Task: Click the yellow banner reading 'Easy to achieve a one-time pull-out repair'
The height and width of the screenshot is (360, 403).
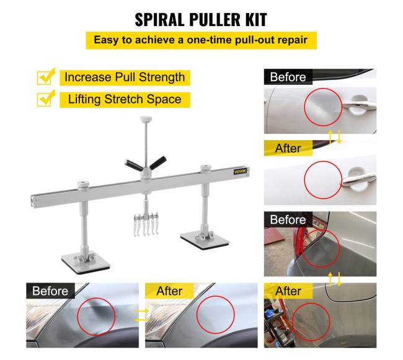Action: tap(201, 40)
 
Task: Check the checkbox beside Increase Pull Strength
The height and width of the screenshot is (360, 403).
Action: tap(45, 77)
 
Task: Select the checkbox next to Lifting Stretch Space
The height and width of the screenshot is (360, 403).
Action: tap(45, 99)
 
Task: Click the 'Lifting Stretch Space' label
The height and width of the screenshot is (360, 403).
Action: tap(125, 100)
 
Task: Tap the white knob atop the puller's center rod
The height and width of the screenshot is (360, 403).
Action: tap(146, 119)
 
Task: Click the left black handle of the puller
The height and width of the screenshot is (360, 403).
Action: tap(134, 165)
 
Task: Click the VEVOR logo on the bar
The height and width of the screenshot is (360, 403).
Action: tap(241, 171)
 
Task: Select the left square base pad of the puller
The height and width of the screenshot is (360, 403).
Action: tap(86, 263)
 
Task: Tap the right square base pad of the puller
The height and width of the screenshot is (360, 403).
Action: tap(205, 240)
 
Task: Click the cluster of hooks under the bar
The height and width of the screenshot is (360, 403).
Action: tap(146, 224)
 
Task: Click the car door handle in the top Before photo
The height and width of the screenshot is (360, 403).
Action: tap(359, 105)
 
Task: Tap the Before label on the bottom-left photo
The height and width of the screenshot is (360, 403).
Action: tap(50, 291)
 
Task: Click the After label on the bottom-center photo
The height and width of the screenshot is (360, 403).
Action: tap(169, 291)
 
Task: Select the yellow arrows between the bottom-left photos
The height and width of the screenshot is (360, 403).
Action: tap(141, 315)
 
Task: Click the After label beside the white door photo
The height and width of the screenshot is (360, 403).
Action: tap(288, 148)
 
